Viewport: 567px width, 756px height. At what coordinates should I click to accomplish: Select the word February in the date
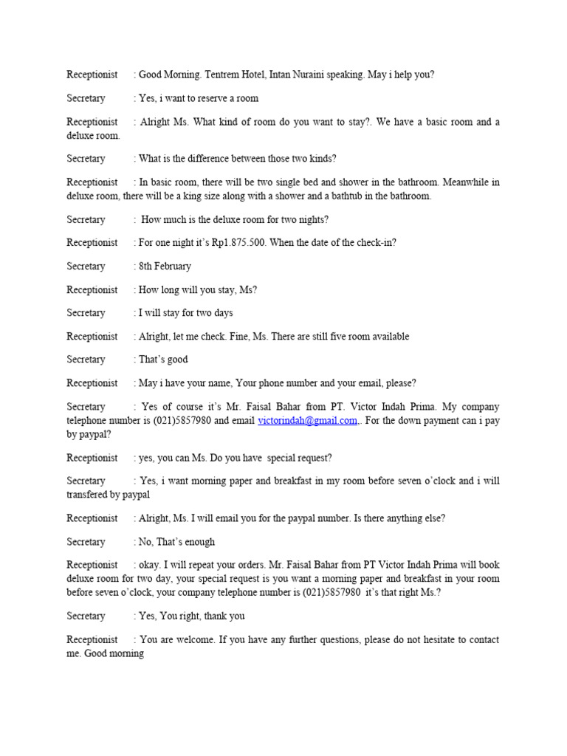point(174,267)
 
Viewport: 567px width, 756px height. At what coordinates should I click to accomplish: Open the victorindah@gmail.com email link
point(307,421)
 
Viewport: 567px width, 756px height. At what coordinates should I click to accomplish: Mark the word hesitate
point(441,639)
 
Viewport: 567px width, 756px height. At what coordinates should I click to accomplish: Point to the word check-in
point(374,243)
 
